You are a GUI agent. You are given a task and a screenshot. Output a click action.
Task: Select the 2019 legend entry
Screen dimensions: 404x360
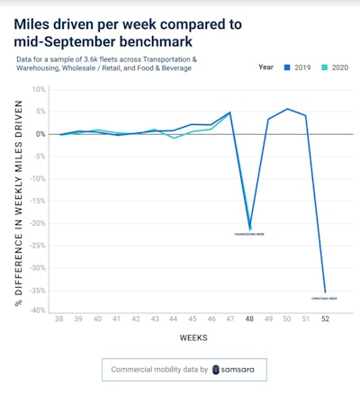[x=300, y=67]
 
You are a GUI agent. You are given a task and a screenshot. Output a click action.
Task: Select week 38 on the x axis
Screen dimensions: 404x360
[x=60, y=319]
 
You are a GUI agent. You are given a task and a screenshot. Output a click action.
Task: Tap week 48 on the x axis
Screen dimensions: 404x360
[x=249, y=319]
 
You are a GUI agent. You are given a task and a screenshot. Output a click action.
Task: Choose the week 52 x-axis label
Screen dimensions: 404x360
[x=325, y=319]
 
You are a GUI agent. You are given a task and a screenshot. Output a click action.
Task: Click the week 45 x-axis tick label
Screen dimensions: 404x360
[x=193, y=319]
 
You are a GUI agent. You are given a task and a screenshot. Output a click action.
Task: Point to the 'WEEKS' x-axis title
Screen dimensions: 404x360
[x=193, y=341]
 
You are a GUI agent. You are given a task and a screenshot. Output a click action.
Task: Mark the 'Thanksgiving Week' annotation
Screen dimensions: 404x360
[x=249, y=234]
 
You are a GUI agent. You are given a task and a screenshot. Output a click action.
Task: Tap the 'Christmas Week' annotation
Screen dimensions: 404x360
[x=324, y=298]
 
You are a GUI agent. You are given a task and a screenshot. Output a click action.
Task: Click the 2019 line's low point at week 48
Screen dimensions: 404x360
[x=249, y=228]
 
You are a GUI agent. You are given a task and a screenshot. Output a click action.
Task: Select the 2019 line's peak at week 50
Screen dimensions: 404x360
[x=287, y=109]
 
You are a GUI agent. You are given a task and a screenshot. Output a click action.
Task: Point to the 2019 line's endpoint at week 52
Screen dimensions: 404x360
[x=325, y=291]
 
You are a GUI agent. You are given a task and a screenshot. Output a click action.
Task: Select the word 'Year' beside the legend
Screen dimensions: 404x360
[x=265, y=67]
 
